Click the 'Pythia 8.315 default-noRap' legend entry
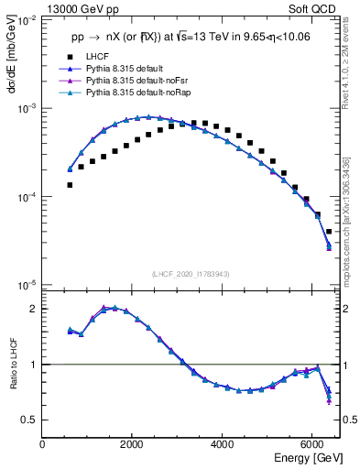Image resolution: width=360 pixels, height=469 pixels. coord(141,93)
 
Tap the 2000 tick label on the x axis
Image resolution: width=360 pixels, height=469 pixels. coord(132,444)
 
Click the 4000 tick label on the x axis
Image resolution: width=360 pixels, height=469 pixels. coord(222,444)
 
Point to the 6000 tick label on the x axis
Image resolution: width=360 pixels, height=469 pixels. coord(311,444)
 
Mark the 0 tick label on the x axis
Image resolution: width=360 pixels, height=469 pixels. coord(42,444)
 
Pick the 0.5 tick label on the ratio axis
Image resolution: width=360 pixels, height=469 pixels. coord(30,420)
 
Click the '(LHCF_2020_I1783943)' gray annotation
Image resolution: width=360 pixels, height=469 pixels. coord(190,275)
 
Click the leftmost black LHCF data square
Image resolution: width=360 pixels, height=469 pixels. coord(70,185)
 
